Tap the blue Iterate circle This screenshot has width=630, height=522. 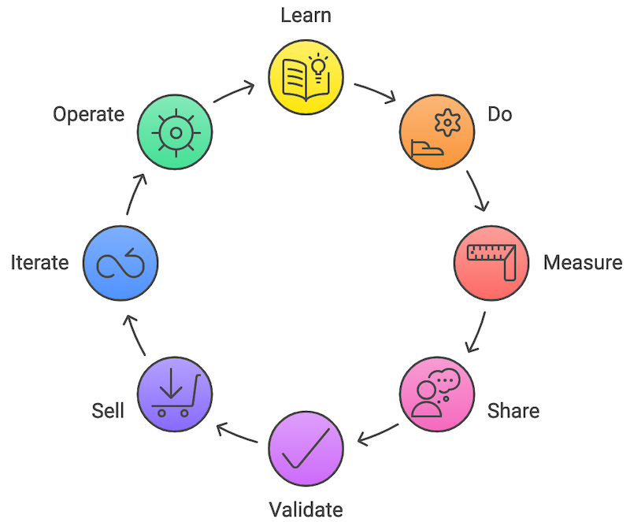120,262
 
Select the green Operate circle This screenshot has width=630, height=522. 175,132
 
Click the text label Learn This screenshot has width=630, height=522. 306,16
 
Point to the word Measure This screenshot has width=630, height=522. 583,262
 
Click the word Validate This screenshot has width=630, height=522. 306,509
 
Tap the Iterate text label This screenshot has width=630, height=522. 39,262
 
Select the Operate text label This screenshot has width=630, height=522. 88,114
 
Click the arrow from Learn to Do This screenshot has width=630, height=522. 376,91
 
